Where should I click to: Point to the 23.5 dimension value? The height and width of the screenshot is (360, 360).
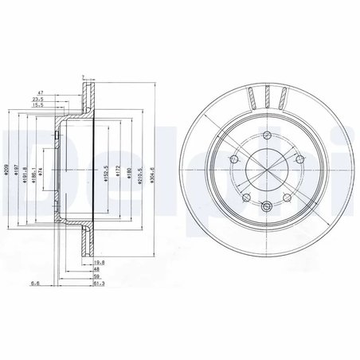coord(59,100)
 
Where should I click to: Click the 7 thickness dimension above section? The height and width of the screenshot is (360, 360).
coord(82,77)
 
